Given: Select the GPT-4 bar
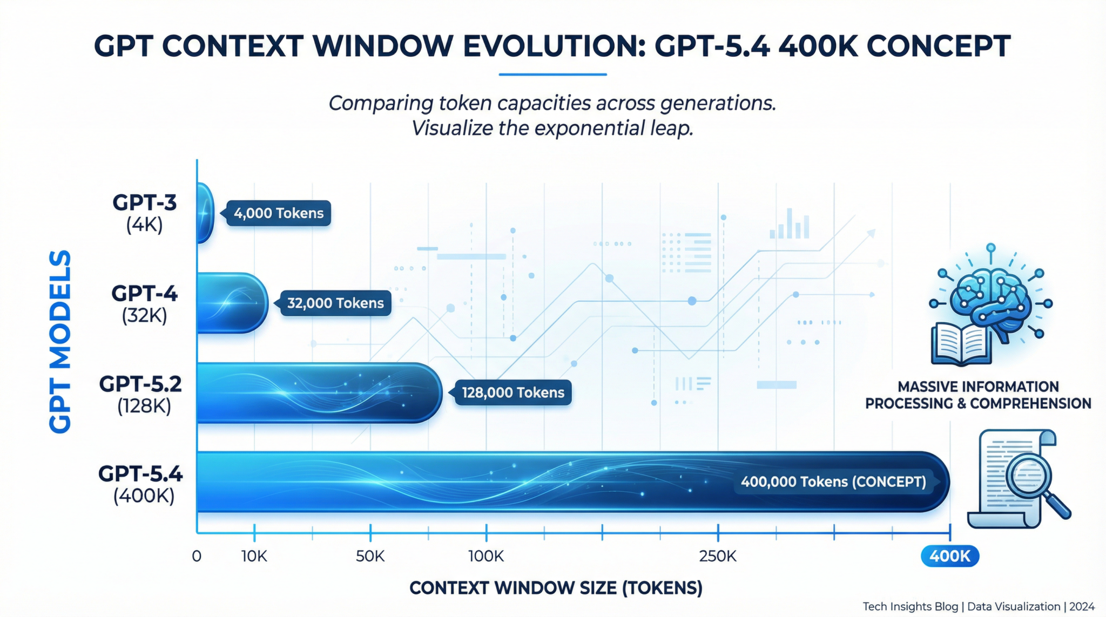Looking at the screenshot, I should (231, 303).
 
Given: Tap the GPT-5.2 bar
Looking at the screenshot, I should (319, 392).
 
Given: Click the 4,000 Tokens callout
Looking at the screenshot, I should (278, 213).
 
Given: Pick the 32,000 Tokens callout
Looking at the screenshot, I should (335, 303).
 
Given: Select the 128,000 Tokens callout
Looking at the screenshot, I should (512, 392).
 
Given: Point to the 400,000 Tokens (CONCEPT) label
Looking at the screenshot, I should (833, 482).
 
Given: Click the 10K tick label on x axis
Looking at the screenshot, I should (254, 556).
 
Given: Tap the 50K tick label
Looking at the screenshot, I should (370, 556).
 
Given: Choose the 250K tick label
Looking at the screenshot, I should (718, 556).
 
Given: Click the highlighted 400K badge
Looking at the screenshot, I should (950, 556).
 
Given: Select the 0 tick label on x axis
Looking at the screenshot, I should (197, 556).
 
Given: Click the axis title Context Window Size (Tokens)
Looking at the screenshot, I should (556, 588).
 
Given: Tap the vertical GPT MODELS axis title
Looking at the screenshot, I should (60, 341).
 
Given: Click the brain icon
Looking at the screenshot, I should (991, 300).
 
